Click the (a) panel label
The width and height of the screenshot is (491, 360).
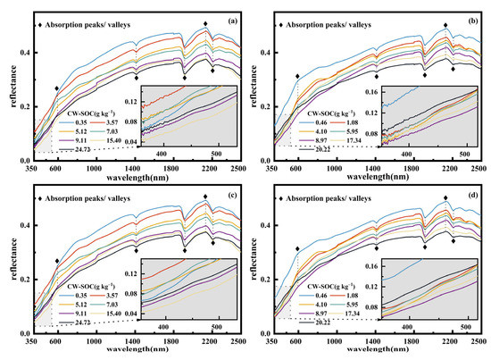click(x=230, y=21)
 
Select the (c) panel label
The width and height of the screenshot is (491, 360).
click(x=230, y=194)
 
